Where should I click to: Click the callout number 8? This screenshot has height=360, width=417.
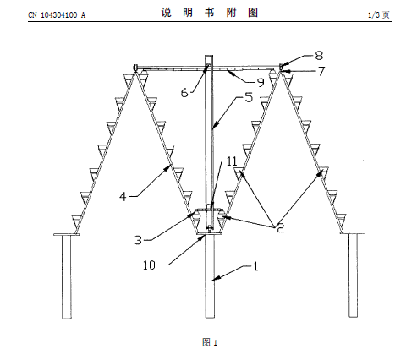tap(319, 56)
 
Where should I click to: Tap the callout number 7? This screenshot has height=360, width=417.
tap(321, 71)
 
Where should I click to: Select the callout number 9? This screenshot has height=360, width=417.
tap(261, 83)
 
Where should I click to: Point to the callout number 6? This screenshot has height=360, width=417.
tap(184, 93)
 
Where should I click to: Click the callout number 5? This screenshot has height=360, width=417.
tap(249, 97)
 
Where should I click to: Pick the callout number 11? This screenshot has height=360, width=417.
tap(232, 161)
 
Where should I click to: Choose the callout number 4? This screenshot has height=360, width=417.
tap(123, 196)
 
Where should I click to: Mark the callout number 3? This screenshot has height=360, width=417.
tap(138, 240)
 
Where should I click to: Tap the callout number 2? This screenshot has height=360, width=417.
tap(280, 227)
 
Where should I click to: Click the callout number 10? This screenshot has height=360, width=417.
tap(149, 265)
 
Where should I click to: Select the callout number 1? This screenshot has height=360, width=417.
tap(255, 266)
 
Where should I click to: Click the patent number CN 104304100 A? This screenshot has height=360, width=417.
tap(57, 15)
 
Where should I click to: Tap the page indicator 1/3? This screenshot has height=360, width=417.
tap(374, 15)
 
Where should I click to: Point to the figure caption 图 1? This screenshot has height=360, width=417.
tap(210, 342)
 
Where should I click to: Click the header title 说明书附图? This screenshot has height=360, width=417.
tap(210, 13)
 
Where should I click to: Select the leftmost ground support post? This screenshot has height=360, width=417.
tap(67, 276)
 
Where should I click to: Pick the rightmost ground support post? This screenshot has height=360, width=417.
tap(354, 275)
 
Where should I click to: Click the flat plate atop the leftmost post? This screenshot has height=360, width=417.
tap(67, 234)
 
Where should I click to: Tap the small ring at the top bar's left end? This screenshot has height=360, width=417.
tap(135, 68)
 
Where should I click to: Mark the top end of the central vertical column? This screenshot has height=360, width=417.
tap(209, 56)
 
